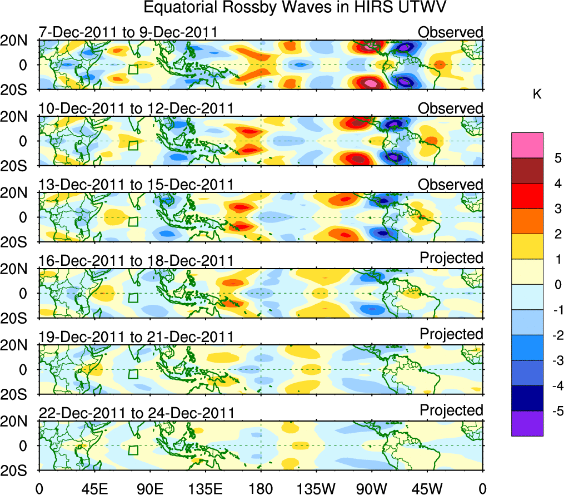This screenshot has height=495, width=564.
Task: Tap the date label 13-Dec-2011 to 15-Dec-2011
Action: (x=136, y=185)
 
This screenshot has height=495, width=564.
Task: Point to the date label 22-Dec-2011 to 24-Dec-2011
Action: (x=136, y=413)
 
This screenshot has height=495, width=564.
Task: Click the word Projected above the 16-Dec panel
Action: (x=451, y=258)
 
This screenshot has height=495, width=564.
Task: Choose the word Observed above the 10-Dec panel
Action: (x=451, y=108)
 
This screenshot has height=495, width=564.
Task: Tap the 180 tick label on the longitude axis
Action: (x=261, y=488)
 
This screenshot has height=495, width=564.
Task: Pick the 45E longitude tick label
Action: (x=94, y=488)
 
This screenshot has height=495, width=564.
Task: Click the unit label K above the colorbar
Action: (x=537, y=95)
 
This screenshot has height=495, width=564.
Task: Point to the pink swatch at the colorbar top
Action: (x=527, y=145)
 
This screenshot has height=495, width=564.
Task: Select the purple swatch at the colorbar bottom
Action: (x=527, y=423)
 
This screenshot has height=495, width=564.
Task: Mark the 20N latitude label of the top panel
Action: (x=18, y=41)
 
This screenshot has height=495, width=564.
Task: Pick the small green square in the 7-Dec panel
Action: (x=133, y=70)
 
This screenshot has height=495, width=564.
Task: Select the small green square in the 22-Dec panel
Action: (x=133, y=450)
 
